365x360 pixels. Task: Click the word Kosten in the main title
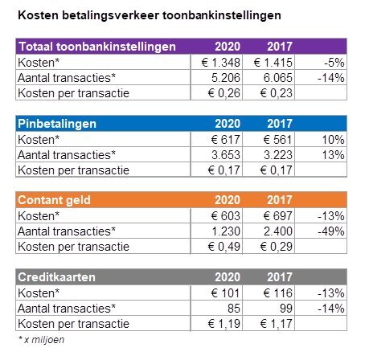(38, 15)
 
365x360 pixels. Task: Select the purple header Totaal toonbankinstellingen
(97, 47)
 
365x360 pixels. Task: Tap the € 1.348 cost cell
(221, 63)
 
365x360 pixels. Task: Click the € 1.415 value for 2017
(273, 63)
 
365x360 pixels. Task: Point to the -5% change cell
(334, 63)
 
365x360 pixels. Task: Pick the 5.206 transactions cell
(226, 78)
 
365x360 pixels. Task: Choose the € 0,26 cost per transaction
(224, 93)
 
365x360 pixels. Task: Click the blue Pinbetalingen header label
(57, 124)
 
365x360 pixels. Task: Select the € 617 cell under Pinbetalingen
(226, 140)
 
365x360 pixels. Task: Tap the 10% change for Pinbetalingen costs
(333, 140)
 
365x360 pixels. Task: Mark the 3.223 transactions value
(278, 155)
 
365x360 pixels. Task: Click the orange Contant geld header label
(54, 200)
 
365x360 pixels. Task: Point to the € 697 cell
(278, 216)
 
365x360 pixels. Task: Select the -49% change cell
(331, 231)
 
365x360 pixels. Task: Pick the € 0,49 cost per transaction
(224, 247)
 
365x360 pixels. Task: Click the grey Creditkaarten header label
(56, 277)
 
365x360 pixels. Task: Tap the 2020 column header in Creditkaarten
(228, 277)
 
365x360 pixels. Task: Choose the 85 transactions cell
(234, 309)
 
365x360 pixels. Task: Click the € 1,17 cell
(277, 324)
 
